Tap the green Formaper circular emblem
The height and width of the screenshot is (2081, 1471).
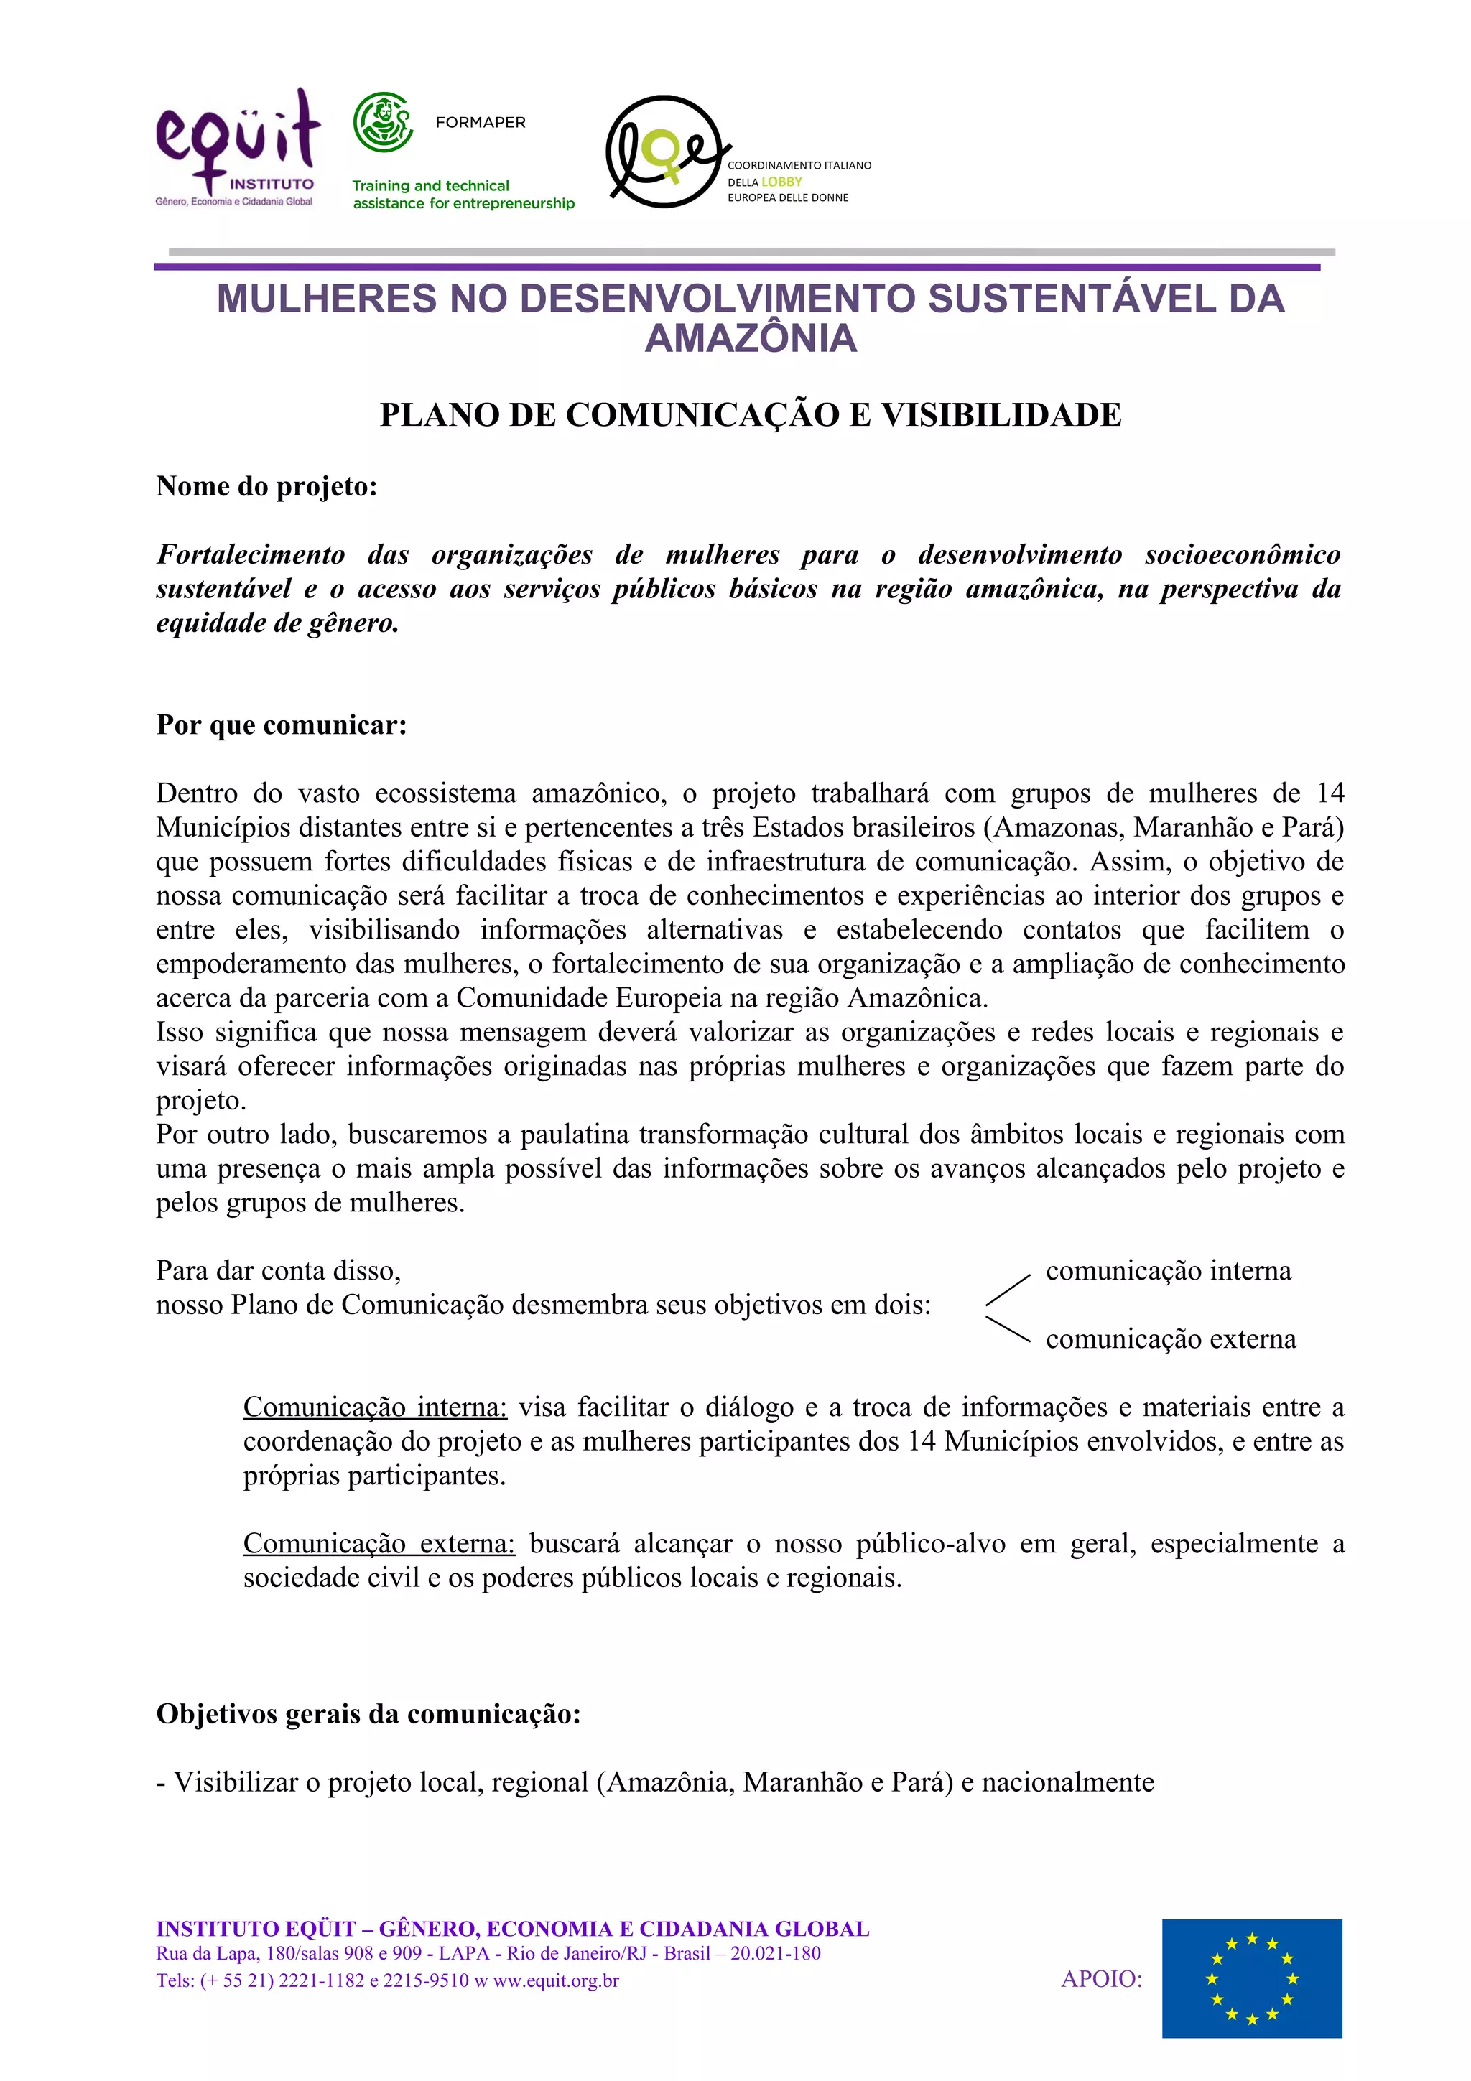click(x=384, y=122)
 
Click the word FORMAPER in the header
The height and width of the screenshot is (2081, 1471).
click(x=481, y=122)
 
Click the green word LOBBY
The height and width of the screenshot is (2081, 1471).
click(x=781, y=181)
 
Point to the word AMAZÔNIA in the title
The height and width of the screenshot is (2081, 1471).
click(x=751, y=338)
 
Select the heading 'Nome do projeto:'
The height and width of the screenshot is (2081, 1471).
click(x=266, y=486)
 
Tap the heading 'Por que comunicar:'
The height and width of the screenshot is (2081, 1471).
click(x=281, y=725)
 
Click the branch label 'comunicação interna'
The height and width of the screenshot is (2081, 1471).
click(x=1169, y=1271)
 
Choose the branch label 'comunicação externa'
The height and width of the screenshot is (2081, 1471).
click(x=1171, y=1339)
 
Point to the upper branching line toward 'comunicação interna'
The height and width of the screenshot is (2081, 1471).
click(x=1008, y=1289)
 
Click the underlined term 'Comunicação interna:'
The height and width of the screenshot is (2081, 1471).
click(x=374, y=1407)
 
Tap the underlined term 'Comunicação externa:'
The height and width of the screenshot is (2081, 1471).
click(x=379, y=1544)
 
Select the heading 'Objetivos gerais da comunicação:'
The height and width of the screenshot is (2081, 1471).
click(x=368, y=1714)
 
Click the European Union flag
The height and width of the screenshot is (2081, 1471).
click(x=1252, y=1978)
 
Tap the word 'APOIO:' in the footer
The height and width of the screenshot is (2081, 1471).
click(x=1101, y=1978)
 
